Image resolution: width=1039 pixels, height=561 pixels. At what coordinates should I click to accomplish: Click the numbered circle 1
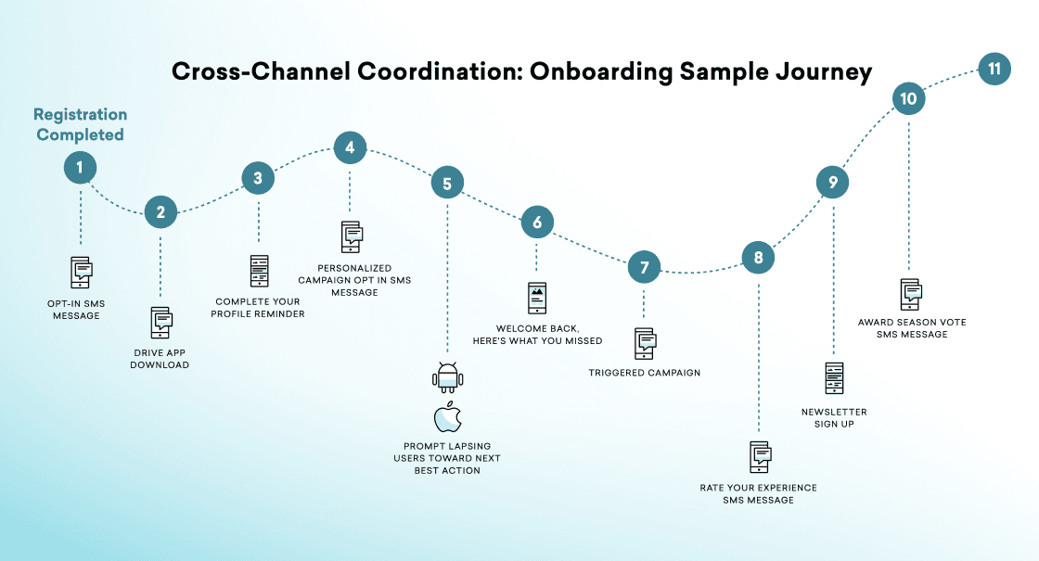click(x=80, y=168)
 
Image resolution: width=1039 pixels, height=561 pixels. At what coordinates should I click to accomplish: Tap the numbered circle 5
click(x=447, y=183)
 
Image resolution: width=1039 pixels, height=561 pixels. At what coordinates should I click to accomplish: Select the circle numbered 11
click(x=994, y=70)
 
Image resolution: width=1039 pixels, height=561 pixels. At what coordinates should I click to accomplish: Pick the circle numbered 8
click(x=758, y=257)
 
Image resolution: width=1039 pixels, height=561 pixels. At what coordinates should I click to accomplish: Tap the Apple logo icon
click(x=447, y=417)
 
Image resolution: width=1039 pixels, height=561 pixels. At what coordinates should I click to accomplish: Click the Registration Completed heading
click(x=80, y=124)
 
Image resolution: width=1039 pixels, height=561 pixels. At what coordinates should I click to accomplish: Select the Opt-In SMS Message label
click(x=74, y=309)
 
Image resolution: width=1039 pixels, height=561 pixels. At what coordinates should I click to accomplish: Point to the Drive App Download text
click(x=160, y=358)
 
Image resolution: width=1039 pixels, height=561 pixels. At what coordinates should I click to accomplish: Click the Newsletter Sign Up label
click(x=834, y=417)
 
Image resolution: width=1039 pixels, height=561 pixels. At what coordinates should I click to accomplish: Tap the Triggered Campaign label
click(x=644, y=373)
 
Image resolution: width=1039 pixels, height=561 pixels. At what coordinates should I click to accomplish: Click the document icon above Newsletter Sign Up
click(x=834, y=378)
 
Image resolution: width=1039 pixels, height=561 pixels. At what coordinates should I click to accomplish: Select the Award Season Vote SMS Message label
click(x=911, y=327)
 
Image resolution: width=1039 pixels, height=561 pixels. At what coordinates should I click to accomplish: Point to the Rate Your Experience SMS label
click(x=758, y=493)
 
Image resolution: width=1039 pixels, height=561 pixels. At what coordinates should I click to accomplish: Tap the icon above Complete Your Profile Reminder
click(x=258, y=271)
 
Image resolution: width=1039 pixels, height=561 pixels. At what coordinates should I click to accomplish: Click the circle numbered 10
click(x=908, y=99)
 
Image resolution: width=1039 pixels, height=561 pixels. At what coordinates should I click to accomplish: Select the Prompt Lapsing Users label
click(x=446, y=458)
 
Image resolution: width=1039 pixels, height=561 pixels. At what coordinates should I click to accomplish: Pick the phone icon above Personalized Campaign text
click(x=351, y=236)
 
